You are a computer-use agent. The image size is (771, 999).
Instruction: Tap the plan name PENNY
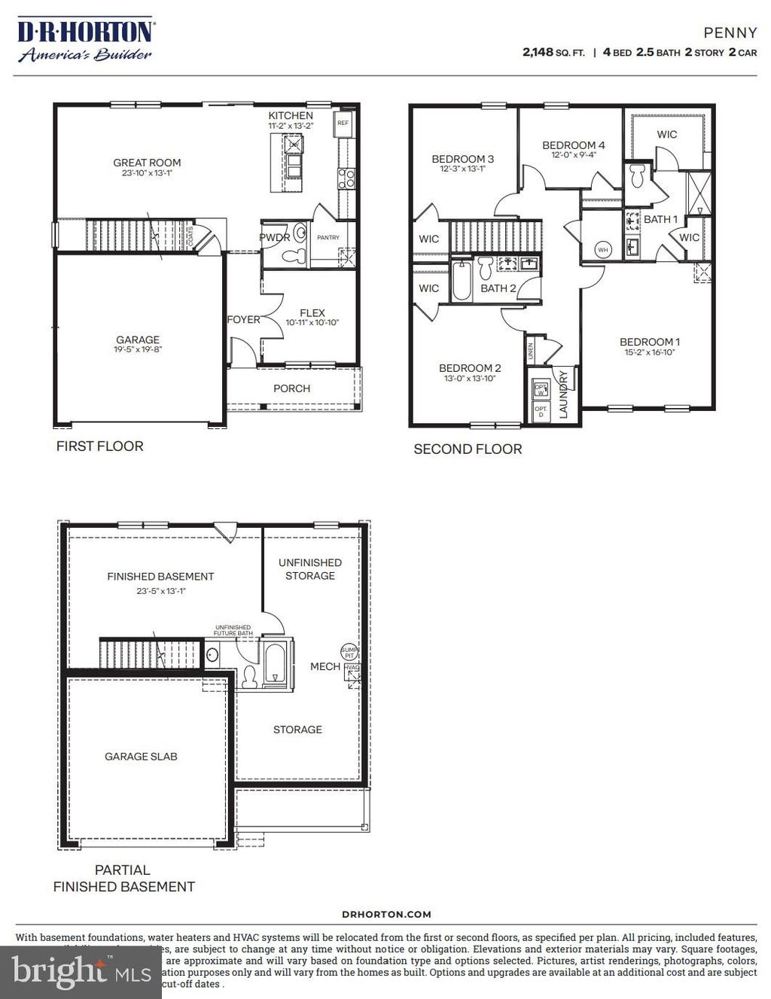[x=730, y=33]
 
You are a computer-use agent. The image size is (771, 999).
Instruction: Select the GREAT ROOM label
[x=147, y=163]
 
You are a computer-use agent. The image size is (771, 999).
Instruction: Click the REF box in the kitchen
[x=343, y=123]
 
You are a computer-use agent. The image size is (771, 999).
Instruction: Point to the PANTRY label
[x=328, y=237]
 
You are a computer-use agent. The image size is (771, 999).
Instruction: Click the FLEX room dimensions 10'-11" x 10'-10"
[x=312, y=323]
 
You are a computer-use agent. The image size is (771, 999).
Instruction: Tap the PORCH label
[x=292, y=388]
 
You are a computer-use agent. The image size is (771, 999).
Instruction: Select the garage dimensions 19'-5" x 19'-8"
[x=138, y=349]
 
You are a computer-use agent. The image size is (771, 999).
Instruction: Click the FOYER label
[x=243, y=320]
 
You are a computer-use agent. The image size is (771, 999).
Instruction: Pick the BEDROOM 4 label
[x=573, y=145]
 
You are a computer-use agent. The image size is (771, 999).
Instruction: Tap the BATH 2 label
[x=498, y=288]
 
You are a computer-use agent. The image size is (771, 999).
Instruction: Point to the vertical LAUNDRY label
[x=563, y=392]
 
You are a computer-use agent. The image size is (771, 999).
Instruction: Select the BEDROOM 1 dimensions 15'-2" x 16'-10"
[x=649, y=352]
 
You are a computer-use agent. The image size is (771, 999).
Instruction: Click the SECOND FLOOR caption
[x=468, y=449]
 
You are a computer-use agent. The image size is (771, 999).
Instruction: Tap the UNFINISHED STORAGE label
[x=310, y=569]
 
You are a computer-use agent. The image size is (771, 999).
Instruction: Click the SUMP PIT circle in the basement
[x=349, y=652]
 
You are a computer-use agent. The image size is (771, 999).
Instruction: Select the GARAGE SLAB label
[x=141, y=757]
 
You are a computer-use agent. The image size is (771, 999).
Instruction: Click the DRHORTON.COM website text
[x=386, y=914]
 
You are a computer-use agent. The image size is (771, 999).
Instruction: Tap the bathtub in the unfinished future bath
[x=276, y=664]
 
